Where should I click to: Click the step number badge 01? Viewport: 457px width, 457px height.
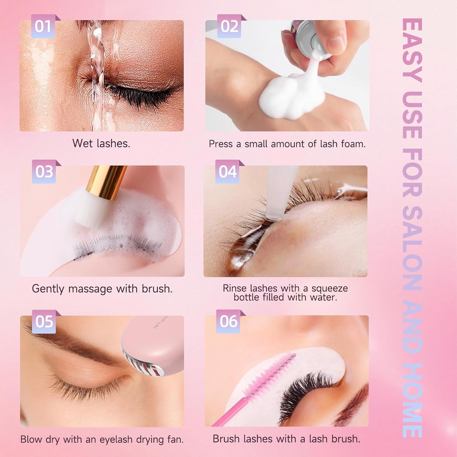(43, 27)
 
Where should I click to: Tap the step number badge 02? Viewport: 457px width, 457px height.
(229, 27)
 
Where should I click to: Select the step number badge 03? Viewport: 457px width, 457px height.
(44, 172)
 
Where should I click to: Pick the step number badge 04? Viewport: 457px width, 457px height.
(227, 172)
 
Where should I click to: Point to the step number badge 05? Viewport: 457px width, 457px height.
(44, 322)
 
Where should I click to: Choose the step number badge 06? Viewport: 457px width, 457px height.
(228, 321)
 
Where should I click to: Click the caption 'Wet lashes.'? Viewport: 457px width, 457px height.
(101, 144)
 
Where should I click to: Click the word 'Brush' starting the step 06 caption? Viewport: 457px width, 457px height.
(225, 439)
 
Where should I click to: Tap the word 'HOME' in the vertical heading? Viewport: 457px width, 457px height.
(412, 400)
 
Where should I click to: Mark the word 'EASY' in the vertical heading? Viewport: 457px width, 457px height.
(412, 51)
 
